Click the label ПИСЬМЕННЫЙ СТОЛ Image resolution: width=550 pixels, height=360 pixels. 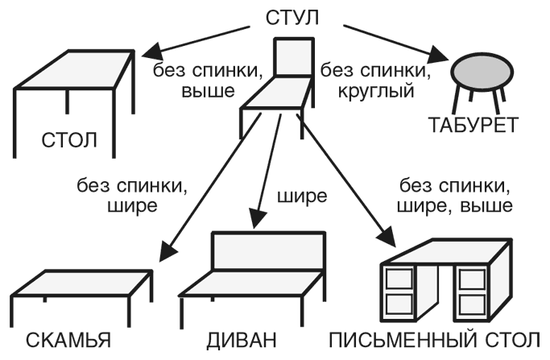tap(435, 339)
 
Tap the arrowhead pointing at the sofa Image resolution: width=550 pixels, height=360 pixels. tap(257, 218)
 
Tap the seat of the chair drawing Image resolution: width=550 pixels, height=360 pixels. tap(274, 101)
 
